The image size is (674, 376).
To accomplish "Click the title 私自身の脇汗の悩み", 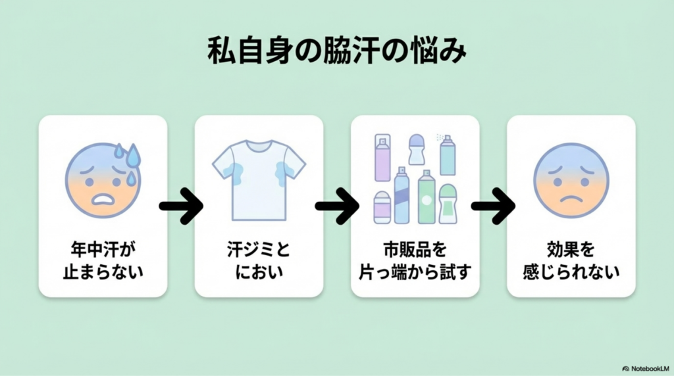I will (x=336, y=52).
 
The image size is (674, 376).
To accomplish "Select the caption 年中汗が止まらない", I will (x=103, y=260).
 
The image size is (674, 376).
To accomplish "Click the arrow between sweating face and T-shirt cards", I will (x=181, y=206).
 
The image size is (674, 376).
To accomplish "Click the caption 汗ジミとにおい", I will (x=259, y=260).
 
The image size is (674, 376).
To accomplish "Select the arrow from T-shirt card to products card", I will (x=336, y=206).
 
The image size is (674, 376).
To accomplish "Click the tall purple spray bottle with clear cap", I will (x=382, y=158).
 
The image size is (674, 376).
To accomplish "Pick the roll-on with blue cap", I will (x=416, y=149).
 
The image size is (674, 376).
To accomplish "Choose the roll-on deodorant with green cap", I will (x=448, y=204).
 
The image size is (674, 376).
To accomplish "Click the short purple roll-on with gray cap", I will (x=382, y=207).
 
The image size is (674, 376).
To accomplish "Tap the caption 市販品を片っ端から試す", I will (x=415, y=260).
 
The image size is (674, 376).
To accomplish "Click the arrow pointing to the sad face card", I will (x=492, y=206).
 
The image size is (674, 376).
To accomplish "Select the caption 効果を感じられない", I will (x=571, y=260).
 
